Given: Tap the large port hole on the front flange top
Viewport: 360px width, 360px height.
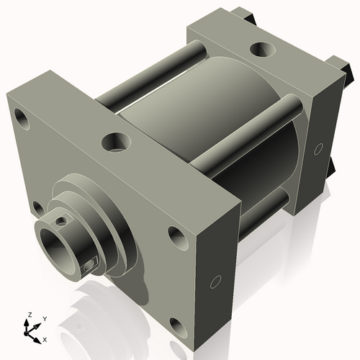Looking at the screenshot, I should click(116, 141).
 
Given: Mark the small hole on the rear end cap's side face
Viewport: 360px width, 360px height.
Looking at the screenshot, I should click(317, 149).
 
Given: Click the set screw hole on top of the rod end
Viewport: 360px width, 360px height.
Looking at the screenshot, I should click(63, 220).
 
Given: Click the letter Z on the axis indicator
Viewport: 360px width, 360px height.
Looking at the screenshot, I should click(29, 315).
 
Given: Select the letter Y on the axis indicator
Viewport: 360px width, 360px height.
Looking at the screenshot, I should click(45, 318).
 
